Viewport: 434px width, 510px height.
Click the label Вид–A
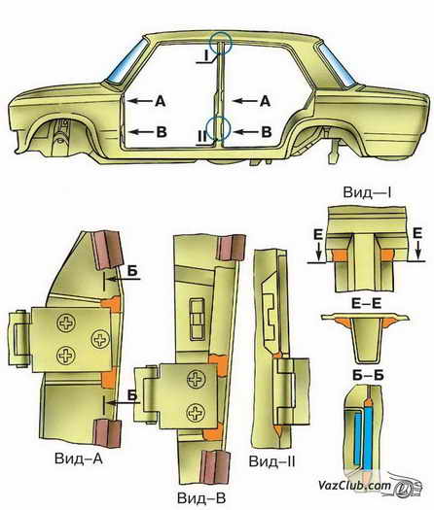point(79,459)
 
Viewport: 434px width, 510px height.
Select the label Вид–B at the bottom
point(201,498)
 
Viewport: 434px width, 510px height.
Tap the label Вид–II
point(272,461)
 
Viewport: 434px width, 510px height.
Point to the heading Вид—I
point(367,192)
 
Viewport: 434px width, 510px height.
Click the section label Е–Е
point(367,303)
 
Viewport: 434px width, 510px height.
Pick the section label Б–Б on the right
point(368,375)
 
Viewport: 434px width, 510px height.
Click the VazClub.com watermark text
point(354,486)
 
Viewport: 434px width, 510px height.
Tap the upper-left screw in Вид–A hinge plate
point(66,323)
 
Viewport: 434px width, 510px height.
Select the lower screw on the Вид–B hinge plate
point(196,413)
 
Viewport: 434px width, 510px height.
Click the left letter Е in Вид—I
point(318,234)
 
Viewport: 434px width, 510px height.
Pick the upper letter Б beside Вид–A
point(132,271)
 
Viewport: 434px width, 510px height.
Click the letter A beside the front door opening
point(160,101)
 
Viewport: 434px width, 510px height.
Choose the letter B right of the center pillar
point(267,132)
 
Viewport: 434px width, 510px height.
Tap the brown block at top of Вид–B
point(231,247)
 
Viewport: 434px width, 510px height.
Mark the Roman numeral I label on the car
point(206,56)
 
